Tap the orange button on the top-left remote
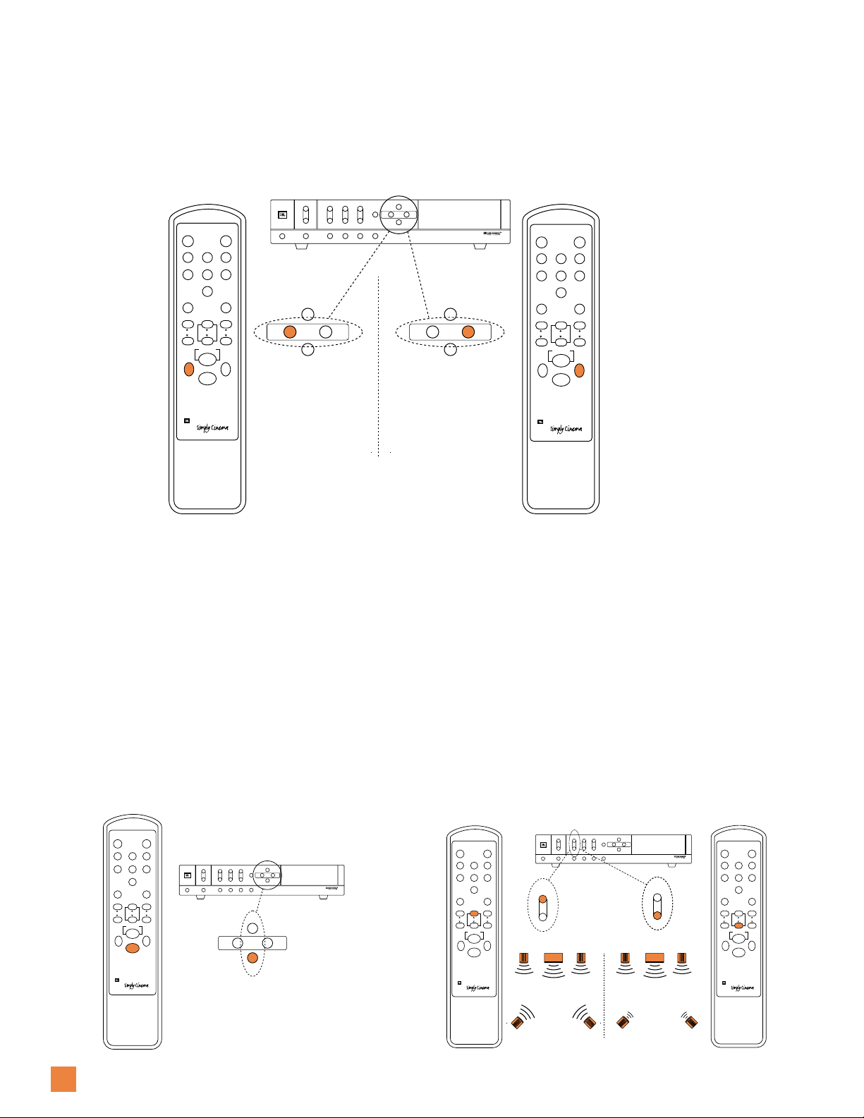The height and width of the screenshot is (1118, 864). [x=188, y=369]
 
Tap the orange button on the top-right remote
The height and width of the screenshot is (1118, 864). [x=580, y=370]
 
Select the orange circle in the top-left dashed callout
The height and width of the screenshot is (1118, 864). [x=289, y=332]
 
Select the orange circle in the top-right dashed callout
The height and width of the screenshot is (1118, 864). [x=468, y=332]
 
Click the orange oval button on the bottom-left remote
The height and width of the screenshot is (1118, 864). [x=133, y=948]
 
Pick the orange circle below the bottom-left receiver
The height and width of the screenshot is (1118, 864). [x=252, y=957]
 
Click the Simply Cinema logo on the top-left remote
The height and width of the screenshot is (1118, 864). [x=212, y=429]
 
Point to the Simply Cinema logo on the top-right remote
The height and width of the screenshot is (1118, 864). [x=566, y=429]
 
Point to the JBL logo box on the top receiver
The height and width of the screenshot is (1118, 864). [x=282, y=214]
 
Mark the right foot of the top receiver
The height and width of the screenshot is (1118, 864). [x=480, y=247]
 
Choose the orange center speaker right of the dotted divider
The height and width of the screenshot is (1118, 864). [x=655, y=958]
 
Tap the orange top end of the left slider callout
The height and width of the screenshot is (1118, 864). [x=543, y=900]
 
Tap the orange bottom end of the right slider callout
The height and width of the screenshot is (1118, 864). [x=657, y=915]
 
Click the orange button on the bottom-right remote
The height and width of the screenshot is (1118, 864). [x=738, y=925]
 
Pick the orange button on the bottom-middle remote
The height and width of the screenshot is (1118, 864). [x=474, y=913]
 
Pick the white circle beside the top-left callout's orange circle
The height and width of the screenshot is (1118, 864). [x=325, y=332]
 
